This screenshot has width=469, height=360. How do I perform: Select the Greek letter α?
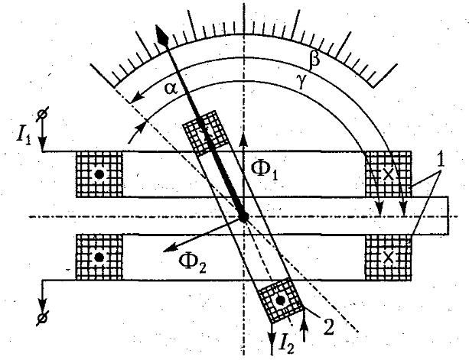click(171, 89)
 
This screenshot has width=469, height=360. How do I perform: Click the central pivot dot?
click(243, 217)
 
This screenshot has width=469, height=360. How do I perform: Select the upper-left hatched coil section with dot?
click(99, 174)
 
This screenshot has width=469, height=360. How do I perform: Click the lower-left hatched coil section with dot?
click(99, 258)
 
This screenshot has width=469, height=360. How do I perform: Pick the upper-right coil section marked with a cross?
click(387, 174)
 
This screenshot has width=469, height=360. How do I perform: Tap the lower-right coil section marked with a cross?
click(387, 258)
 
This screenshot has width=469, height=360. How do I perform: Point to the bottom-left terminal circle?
click(43, 314)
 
